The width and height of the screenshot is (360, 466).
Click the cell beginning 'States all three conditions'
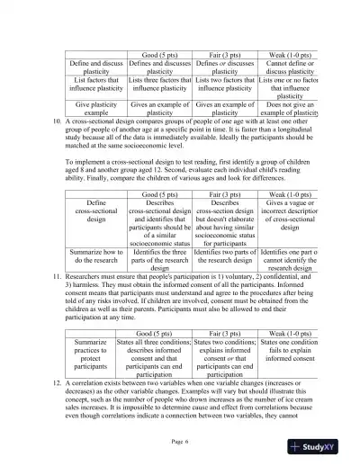click(x=159, y=357)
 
